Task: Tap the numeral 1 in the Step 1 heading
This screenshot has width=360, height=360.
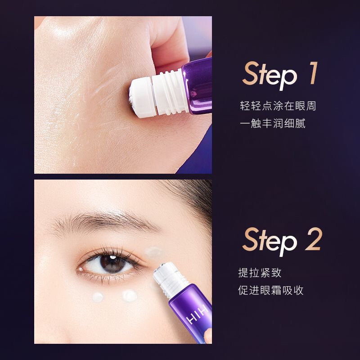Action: [313, 73]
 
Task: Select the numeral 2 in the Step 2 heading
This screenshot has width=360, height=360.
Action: [314, 239]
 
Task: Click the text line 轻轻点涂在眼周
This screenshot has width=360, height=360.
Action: [278, 106]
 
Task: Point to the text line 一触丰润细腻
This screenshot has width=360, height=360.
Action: [273, 123]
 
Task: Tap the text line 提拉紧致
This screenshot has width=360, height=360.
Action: [260, 273]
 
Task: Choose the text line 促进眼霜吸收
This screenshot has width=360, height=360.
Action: [271, 290]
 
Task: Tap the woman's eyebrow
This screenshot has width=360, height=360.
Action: [103, 222]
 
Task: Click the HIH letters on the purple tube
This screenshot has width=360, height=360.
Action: [197, 316]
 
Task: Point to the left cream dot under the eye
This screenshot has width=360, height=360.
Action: [98, 297]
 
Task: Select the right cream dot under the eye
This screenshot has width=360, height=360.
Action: [130, 296]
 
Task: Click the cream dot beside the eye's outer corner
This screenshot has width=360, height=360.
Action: [153, 252]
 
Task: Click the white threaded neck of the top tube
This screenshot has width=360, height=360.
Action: [170, 92]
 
